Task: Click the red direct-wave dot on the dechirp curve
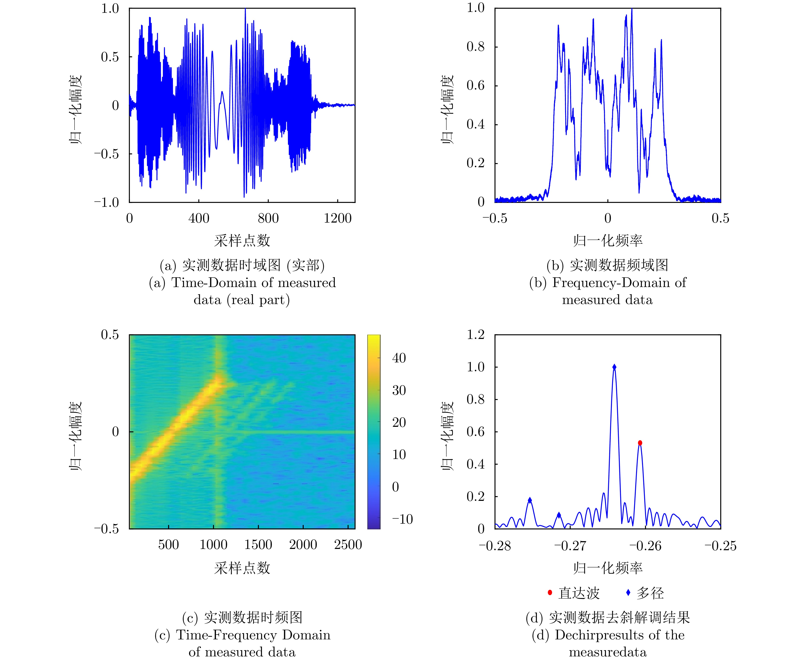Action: click(640, 443)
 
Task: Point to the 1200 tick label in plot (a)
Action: click(338, 218)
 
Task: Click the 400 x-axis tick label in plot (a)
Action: click(198, 218)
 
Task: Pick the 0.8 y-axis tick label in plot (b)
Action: click(476, 47)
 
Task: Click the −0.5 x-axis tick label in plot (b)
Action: click(494, 218)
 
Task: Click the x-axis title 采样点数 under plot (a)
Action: click(242, 240)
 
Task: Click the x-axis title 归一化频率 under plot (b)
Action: click(608, 240)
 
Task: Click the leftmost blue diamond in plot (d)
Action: click(530, 500)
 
